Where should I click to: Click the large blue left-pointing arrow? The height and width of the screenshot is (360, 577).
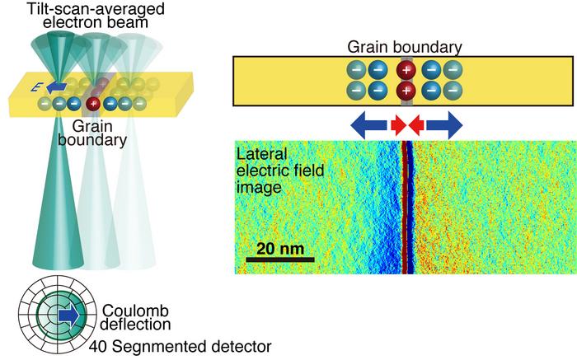point(369,125)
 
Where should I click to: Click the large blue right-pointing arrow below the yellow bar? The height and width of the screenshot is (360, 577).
point(443,125)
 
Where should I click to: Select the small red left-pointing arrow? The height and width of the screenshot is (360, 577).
point(415,125)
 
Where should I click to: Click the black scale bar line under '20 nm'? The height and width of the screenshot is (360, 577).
point(280,259)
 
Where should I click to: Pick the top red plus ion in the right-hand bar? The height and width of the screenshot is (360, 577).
point(406,70)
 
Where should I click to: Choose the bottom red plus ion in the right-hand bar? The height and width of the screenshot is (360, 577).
point(406,90)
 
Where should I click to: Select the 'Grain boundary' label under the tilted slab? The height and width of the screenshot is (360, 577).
point(98,133)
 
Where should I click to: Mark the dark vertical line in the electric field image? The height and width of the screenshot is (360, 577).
point(406,206)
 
